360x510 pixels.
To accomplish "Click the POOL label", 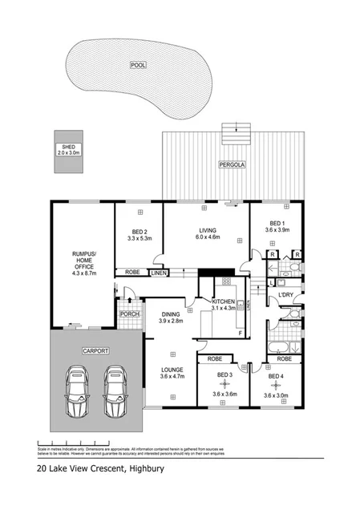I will point(139,64).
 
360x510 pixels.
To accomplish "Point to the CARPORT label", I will point(95,351).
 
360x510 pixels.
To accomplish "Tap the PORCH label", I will point(129,314).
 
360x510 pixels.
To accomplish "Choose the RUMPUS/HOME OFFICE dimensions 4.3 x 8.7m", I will point(83,273).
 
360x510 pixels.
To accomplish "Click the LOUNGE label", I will point(172,370).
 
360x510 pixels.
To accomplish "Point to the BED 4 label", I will point(276,375).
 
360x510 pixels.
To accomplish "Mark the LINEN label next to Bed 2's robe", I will point(158,273).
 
